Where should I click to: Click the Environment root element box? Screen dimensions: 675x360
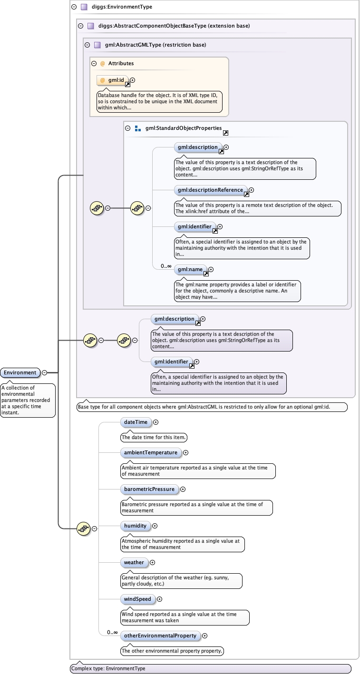[x=20, y=372]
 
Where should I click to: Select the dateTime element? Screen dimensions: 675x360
[x=136, y=422]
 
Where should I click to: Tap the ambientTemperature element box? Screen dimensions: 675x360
[x=151, y=452]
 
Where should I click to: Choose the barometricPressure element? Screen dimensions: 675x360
[x=149, y=489]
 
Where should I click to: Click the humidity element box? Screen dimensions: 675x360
[x=136, y=526]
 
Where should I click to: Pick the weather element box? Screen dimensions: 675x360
[x=134, y=562]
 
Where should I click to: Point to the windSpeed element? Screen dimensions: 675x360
[x=138, y=599]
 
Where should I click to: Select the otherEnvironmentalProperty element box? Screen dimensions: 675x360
[x=160, y=636]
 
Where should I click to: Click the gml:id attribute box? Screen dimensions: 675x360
[x=112, y=80]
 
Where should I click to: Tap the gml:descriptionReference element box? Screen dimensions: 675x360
[x=211, y=190]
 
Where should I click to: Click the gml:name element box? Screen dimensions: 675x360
[x=190, y=270]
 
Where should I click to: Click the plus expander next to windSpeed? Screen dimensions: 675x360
[x=160, y=599]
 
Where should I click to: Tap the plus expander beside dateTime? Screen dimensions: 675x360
[x=156, y=422]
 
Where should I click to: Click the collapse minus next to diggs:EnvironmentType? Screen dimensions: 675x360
[x=74, y=7]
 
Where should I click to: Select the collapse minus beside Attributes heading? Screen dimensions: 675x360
[x=94, y=63]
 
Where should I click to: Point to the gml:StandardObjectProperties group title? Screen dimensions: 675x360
[x=184, y=128]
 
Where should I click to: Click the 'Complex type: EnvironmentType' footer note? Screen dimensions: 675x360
[x=108, y=668]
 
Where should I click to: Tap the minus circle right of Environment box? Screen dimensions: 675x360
[x=44, y=372]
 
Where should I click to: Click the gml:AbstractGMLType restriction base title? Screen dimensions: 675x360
[x=156, y=45]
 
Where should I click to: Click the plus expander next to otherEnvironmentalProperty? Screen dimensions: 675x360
[x=205, y=636]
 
